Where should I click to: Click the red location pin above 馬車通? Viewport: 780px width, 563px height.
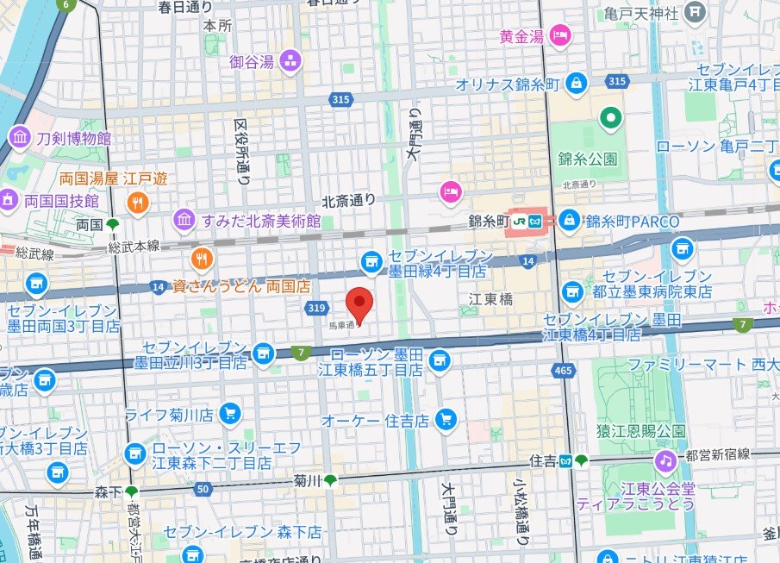tap(359, 303)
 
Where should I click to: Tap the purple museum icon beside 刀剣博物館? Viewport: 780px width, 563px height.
tap(19, 137)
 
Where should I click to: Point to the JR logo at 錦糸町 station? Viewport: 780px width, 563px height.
tap(520, 222)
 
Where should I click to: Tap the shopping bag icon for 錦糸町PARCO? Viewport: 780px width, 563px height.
tap(569, 221)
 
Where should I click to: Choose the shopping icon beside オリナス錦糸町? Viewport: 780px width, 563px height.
tap(577, 84)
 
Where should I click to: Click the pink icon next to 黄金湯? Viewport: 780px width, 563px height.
tap(560, 36)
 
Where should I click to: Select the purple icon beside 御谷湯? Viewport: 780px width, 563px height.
tap(290, 60)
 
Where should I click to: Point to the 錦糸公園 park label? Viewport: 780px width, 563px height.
tap(588, 160)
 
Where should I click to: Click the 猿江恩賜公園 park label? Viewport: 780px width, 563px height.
tap(644, 430)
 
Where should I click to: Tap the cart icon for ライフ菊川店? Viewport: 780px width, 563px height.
tap(228, 415)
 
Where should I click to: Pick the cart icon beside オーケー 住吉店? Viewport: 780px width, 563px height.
tap(445, 420)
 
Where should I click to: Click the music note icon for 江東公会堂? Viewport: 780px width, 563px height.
tap(665, 461)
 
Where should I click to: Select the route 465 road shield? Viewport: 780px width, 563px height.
tap(564, 370)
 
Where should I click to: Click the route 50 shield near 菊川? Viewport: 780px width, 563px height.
tap(203, 489)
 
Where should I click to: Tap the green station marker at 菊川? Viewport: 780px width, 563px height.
tap(330, 480)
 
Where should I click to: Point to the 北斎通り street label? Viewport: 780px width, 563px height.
tap(349, 200)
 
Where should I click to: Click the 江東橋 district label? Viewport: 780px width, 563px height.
tap(490, 298)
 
